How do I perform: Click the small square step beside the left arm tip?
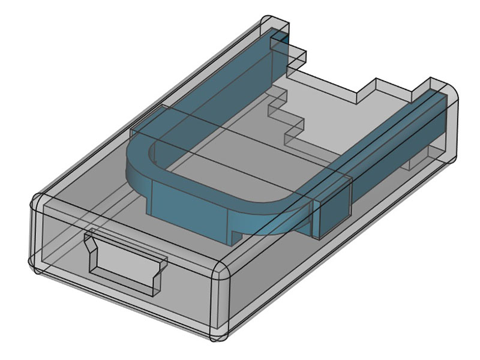click(x=297, y=56)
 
